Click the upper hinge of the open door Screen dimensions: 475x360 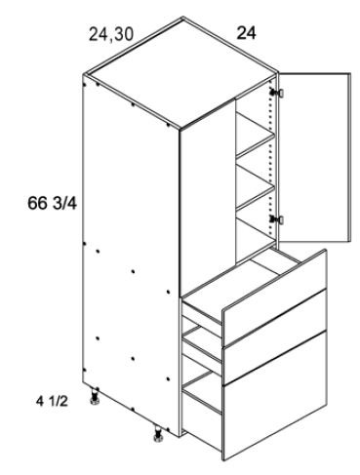278,93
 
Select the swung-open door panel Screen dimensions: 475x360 315,155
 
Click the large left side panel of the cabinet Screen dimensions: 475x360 132,254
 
